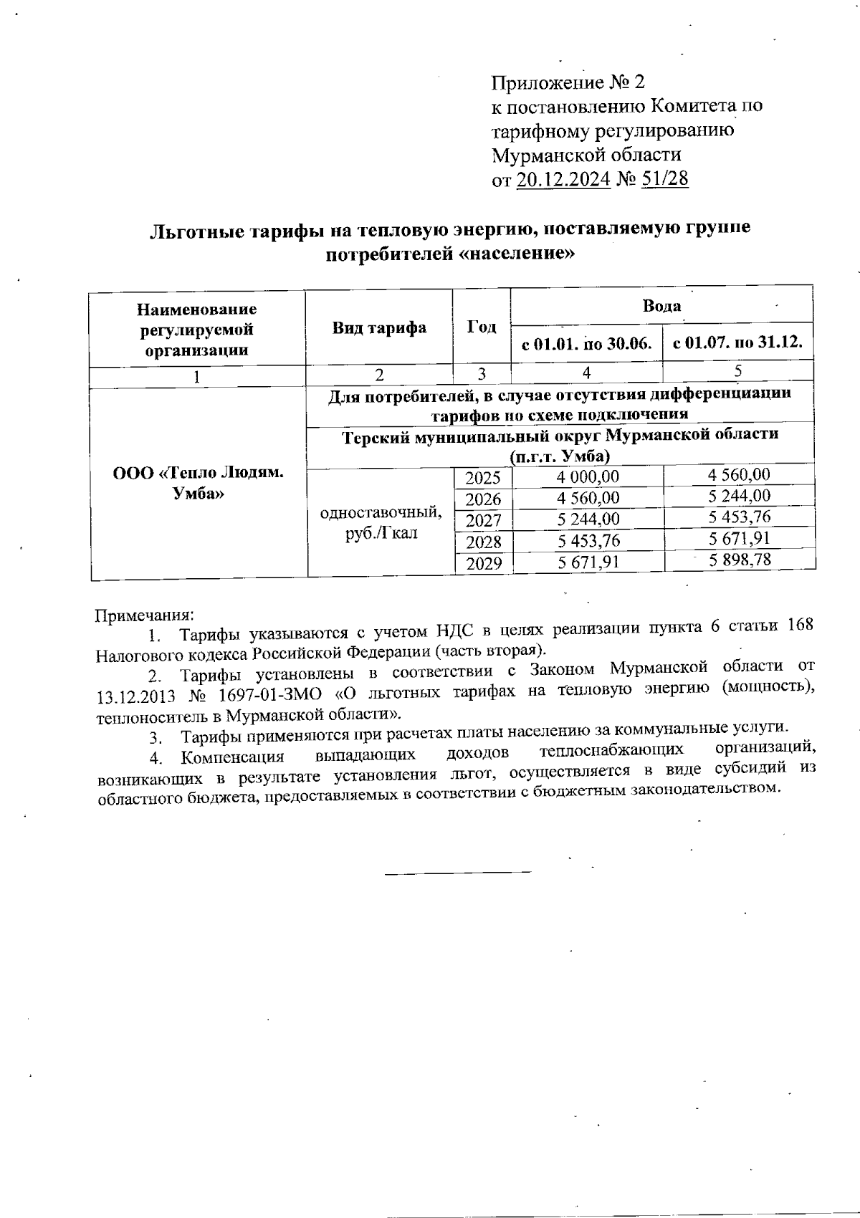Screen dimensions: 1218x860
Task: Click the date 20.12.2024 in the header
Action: click(x=563, y=178)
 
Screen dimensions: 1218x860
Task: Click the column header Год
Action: click(x=482, y=327)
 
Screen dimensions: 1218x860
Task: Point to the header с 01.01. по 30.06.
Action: click(x=586, y=344)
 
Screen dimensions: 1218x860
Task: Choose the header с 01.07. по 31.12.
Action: click(x=738, y=342)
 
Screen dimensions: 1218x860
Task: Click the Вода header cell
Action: click(x=661, y=307)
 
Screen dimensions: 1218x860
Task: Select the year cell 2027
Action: click(x=483, y=520)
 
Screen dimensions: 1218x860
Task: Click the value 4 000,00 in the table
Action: click(x=588, y=477)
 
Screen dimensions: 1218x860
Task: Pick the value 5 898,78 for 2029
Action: click(x=740, y=560)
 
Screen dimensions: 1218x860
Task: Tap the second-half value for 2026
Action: click(x=740, y=496)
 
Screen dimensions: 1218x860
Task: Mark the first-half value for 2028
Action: click(x=588, y=541)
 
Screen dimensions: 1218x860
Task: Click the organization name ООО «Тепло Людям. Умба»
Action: click(x=198, y=484)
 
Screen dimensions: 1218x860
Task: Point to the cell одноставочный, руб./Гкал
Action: click(x=381, y=523)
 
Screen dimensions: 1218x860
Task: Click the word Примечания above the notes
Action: click(x=145, y=615)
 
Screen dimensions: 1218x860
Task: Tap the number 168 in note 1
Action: click(x=799, y=624)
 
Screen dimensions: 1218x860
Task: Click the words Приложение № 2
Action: click(x=568, y=83)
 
